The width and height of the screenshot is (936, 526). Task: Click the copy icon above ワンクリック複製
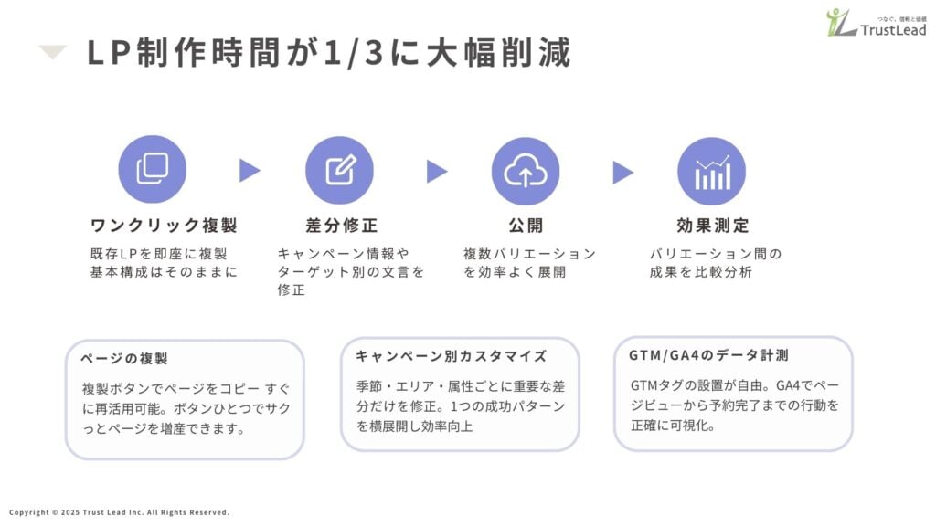(153, 170)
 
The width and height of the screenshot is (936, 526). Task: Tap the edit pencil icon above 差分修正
(339, 170)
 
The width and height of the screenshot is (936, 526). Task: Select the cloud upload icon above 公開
(526, 170)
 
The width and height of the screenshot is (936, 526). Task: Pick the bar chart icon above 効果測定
(711, 170)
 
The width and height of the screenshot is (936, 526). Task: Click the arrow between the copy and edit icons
(250, 171)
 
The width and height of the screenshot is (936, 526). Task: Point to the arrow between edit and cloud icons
(437, 171)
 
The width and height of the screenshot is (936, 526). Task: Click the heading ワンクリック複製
(164, 226)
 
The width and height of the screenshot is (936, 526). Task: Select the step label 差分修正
(341, 226)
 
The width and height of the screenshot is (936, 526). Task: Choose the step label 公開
(526, 226)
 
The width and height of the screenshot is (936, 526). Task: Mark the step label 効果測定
(712, 226)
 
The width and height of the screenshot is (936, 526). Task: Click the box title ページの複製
(124, 359)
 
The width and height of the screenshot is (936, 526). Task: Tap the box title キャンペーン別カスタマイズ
(451, 356)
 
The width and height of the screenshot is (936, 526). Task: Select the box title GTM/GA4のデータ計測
(708, 354)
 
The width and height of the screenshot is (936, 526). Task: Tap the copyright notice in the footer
(118, 512)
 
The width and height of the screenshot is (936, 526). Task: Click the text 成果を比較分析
(700, 272)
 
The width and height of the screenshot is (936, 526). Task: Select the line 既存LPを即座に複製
(158, 254)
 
